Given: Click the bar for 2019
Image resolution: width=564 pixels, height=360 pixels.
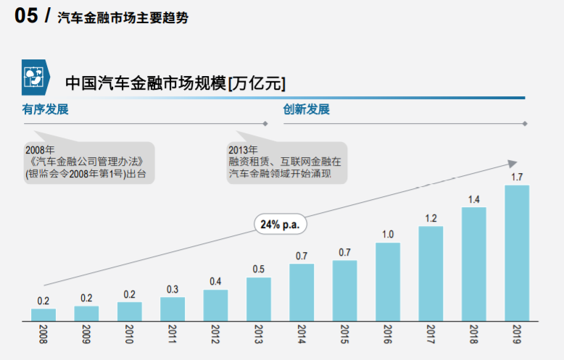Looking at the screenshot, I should click(517, 253).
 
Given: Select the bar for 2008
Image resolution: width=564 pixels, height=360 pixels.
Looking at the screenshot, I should click(43, 314).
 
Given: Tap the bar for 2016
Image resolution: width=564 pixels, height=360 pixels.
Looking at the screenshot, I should click(388, 281).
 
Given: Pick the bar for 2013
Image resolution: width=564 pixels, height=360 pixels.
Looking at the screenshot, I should click(259, 298).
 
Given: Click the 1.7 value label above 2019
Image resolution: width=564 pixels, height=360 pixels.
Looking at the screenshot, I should click(517, 177).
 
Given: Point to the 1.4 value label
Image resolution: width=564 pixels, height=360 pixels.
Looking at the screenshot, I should click(474, 199).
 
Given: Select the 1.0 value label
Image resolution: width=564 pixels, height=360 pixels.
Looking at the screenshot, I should click(388, 234).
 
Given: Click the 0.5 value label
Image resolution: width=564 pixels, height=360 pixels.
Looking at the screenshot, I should click(259, 269).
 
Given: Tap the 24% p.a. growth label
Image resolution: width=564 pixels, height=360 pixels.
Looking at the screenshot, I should click(280, 225).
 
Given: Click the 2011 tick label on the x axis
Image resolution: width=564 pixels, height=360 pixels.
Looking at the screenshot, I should click(173, 335).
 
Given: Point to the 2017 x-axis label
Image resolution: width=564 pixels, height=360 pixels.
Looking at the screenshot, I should click(431, 335).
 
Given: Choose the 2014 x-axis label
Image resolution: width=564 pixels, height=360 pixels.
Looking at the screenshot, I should click(302, 335).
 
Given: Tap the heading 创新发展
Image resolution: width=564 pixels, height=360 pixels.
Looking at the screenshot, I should click(306, 110).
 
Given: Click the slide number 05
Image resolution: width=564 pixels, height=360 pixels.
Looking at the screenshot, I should click(25, 16).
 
